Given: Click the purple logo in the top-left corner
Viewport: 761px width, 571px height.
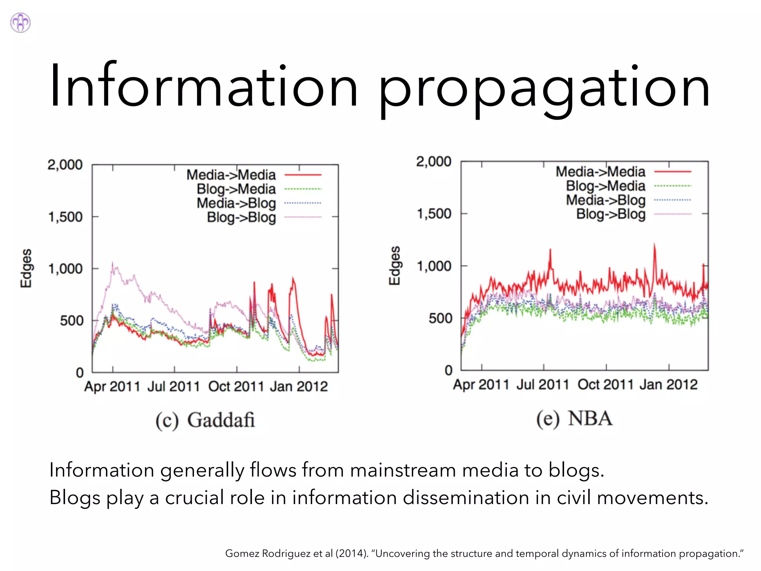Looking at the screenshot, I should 20,23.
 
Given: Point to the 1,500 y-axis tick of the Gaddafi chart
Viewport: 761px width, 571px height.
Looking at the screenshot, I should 65,217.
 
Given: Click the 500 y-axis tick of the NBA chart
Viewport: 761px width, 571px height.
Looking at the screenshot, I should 440,318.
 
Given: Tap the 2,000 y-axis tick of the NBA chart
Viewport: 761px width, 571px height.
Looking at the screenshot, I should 434,161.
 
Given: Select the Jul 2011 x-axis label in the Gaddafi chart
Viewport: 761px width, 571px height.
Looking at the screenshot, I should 174,387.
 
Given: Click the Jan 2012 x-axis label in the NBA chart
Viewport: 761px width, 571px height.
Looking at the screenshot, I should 668,384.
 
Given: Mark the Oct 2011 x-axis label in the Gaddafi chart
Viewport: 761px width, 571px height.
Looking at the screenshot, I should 236,387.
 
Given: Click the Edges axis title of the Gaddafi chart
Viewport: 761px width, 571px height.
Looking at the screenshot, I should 26,268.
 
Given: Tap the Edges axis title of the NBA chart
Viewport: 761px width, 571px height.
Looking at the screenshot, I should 395,265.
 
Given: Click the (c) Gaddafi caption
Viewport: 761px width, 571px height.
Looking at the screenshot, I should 205,420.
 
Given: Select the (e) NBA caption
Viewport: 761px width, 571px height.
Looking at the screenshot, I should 574,419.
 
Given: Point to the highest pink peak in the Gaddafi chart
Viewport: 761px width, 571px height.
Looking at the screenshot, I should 113,263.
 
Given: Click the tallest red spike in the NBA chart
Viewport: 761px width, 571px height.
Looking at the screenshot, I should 654,245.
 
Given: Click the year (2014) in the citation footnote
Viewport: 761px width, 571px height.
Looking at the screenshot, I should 352,554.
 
